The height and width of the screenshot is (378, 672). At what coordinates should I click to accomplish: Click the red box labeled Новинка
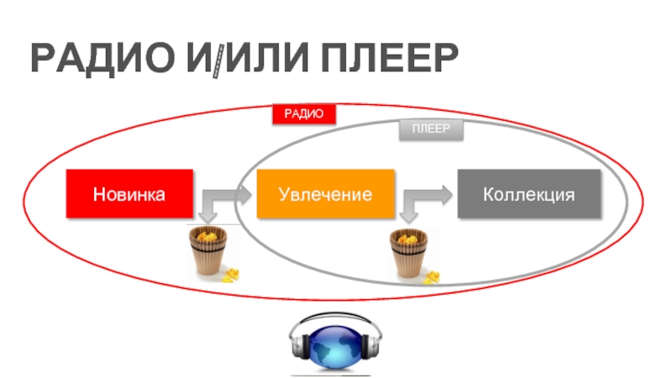click(x=129, y=194)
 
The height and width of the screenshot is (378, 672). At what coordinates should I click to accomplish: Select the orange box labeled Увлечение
click(x=325, y=194)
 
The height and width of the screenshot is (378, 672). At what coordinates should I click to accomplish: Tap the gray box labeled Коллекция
click(x=528, y=194)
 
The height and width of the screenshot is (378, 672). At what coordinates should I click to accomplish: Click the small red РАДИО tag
click(x=303, y=114)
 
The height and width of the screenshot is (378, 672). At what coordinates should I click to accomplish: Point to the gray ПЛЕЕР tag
click(x=430, y=129)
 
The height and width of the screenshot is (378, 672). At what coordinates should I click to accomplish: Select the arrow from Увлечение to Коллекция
click(x=425, y=199)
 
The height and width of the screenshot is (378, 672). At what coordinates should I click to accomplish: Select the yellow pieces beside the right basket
click(x=433, y=276)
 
